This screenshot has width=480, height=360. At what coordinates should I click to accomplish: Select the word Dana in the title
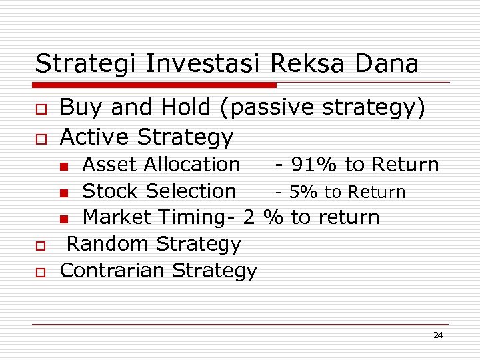387,64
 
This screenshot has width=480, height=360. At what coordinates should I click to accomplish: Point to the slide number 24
437,335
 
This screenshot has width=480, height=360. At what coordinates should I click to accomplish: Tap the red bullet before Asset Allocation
63,166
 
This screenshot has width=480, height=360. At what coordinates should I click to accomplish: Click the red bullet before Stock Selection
63,193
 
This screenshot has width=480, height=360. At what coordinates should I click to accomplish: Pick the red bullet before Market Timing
63,219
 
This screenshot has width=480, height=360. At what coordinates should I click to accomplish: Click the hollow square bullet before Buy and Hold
41,109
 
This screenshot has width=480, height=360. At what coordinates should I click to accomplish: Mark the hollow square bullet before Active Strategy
41,139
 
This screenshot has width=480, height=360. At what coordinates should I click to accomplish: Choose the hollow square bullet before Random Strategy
41,246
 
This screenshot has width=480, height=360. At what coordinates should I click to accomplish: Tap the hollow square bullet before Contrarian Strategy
41,273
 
